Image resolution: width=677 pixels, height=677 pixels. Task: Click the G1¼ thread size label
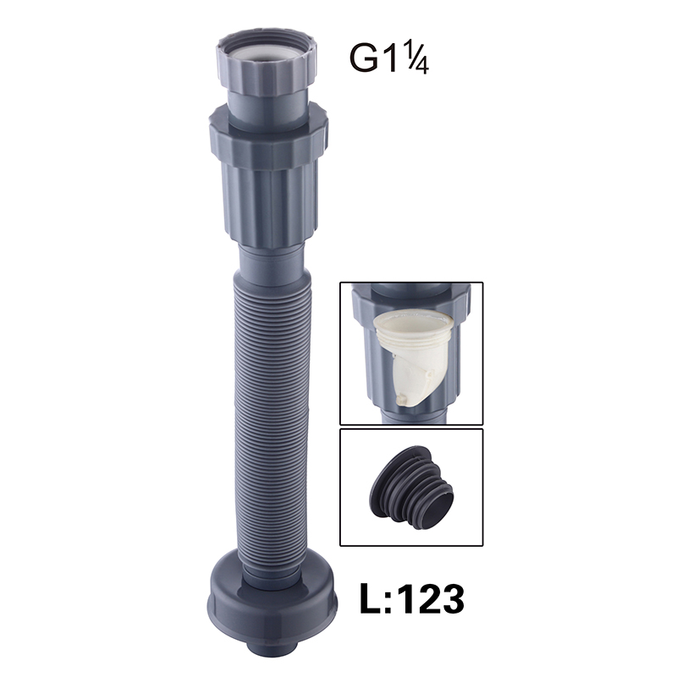coord(388,58)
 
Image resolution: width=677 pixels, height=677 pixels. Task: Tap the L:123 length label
coord(412,598)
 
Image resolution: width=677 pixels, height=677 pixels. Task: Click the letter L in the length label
coord(370,598)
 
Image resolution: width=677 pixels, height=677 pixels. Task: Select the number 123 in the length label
coord(432,598)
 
